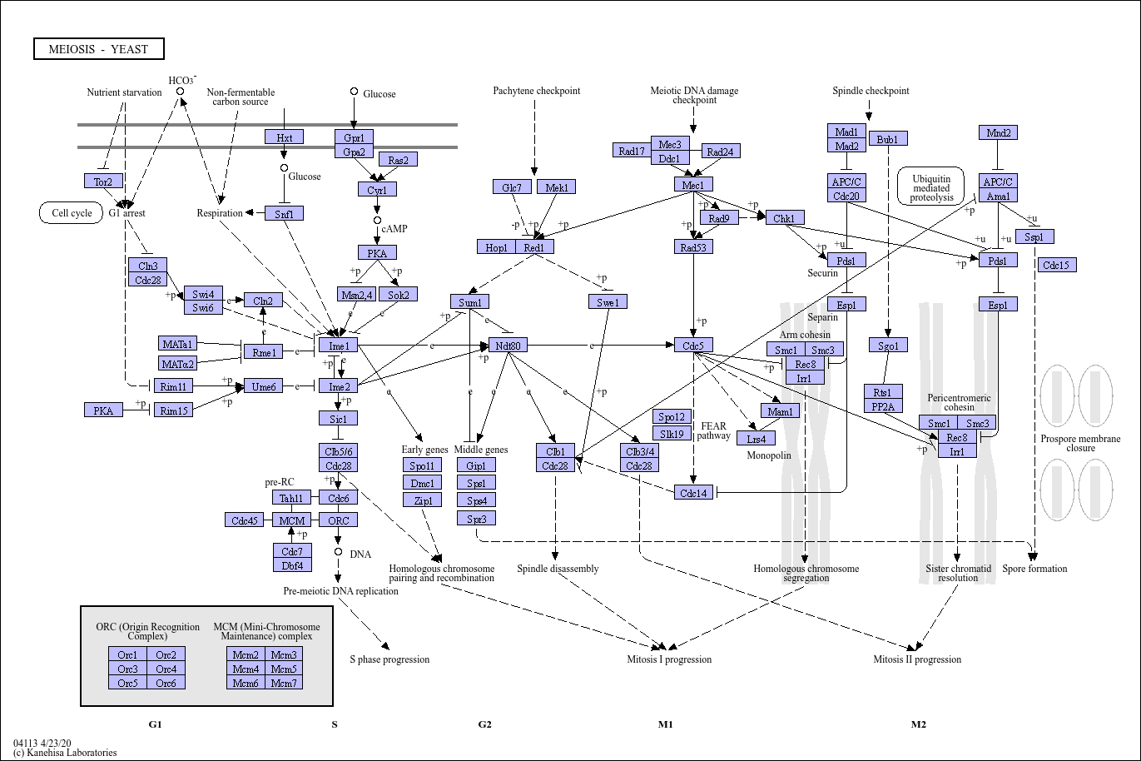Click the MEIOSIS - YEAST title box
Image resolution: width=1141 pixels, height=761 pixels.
[x=99, y=49]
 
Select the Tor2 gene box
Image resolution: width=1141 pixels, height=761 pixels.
[x=103, y=181]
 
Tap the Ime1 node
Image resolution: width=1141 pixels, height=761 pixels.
[x=339, y=346]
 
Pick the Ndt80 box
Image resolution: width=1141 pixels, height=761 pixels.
[x=508, y=345]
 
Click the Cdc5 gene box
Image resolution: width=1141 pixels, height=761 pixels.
[x=693, y=345]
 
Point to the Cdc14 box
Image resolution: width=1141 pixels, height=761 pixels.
[x=693, y=492]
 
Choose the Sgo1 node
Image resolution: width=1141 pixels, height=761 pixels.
[x=888, y=345]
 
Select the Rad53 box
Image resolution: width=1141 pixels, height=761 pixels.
[x=693, y=246]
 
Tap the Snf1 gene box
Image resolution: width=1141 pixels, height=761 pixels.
[x=285, y=214]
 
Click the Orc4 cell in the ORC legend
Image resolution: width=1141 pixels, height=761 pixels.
[x=166, y=669]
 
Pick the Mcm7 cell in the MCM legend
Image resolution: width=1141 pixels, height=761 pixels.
[x=284, y=683]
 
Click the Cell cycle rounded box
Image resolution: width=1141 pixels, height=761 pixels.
[x=72, y=213]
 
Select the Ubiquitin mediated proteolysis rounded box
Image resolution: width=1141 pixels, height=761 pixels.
[x=931, y=187]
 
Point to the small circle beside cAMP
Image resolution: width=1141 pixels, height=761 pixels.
[x=377, y=221]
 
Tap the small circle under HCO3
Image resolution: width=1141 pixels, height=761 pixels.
[x=180, y=92]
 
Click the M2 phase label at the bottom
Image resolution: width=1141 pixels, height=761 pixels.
[x=919, y=724]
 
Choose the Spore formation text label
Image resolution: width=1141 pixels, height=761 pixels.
[x=1034, y=569]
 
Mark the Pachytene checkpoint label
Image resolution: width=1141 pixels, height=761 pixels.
[x=536, y=91]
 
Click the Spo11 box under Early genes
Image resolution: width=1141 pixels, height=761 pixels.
[x=422, y=465]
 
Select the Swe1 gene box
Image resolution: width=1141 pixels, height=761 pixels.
[x=608, y=301]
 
